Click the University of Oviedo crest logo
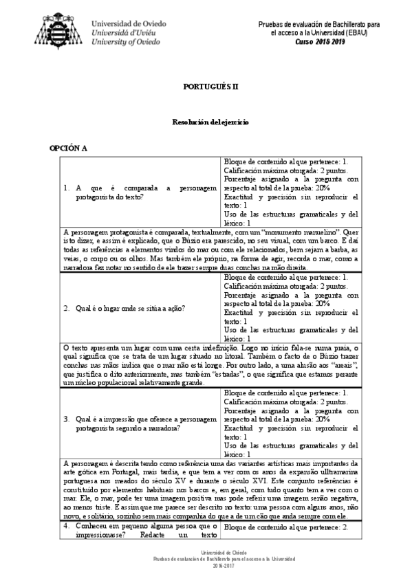[61, 28]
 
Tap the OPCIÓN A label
[67, 148]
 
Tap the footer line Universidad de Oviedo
[206, 551]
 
